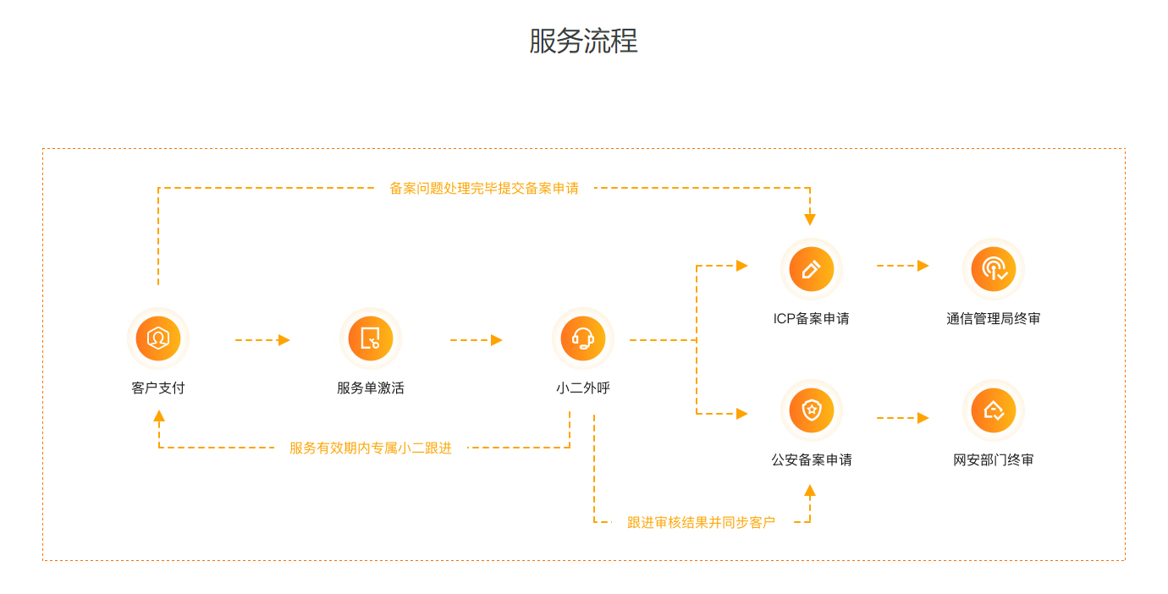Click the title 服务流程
click(583, 41)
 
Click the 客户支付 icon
click(158, 338)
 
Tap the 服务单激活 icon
click(370, 338)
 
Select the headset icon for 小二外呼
click(582, 338)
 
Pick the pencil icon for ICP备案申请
click(811, 269)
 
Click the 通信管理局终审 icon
click(994, 269)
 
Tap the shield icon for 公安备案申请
click(811, 410)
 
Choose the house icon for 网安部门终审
click(994, 410)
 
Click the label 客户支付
click(158, 388)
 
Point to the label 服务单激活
click(370, 388)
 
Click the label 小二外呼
click(582, 388)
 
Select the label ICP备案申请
click(811, 319)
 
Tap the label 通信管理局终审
click(994, 319)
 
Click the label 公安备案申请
click(811, 460)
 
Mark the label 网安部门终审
click(994, 460)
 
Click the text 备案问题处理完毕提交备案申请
click(484, 189)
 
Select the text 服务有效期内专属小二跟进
click(371, 448)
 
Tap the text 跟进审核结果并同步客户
click(701, 522)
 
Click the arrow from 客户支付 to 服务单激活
click(262, 340)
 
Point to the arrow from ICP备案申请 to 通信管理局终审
click(902, 266)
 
